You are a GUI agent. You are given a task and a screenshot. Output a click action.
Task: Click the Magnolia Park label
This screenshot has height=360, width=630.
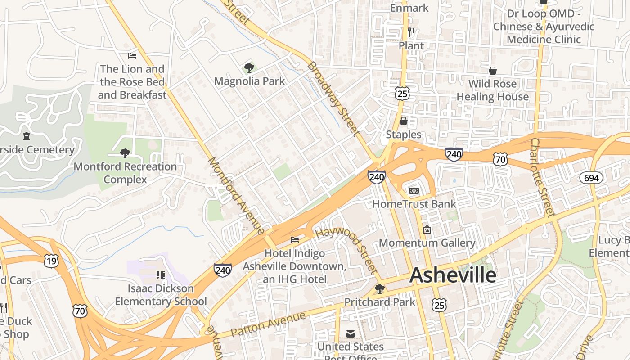click(249, 81)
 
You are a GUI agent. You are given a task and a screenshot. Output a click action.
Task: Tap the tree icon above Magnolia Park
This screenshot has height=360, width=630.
click(249, 68)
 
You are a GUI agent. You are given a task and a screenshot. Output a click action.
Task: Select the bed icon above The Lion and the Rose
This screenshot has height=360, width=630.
click(132, 56)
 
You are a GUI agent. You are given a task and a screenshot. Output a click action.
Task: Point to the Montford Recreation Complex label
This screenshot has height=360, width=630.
click(125, 173)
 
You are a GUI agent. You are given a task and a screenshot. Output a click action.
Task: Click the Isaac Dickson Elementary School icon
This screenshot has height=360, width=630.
click(161, 274)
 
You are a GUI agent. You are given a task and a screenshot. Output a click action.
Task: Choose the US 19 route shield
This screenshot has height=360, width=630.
click(51, 261)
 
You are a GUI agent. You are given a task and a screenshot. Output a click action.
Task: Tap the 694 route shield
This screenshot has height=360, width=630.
click(591, 178)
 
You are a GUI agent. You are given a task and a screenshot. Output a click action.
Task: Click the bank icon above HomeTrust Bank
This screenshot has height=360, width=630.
click(414, 191)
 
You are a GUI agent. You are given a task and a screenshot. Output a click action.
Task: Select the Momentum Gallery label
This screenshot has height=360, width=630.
click(427, 243)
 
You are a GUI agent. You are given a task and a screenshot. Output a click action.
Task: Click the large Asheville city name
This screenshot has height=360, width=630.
click(453, 275)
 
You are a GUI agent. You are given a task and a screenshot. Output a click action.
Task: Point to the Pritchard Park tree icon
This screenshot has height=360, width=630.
click(380, 288)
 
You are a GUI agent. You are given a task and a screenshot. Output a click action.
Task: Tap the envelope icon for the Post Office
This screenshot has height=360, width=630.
click(351, 333)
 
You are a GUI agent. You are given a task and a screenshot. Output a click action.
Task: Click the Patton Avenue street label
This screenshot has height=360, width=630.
click(268, 324)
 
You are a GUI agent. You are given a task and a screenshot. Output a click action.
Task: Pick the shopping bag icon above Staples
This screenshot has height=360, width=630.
click(404, 121)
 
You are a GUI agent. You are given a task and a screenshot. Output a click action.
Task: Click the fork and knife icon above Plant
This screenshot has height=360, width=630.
click(411, 32)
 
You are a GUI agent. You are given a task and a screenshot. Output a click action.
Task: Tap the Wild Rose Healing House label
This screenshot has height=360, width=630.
click(492, 90)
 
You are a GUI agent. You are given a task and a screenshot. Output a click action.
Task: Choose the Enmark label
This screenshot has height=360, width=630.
click(409, 8)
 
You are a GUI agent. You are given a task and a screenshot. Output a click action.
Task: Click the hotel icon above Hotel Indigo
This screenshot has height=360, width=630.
click(295, 240)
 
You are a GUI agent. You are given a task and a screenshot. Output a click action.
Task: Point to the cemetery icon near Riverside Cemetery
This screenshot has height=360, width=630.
click(27, 136)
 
